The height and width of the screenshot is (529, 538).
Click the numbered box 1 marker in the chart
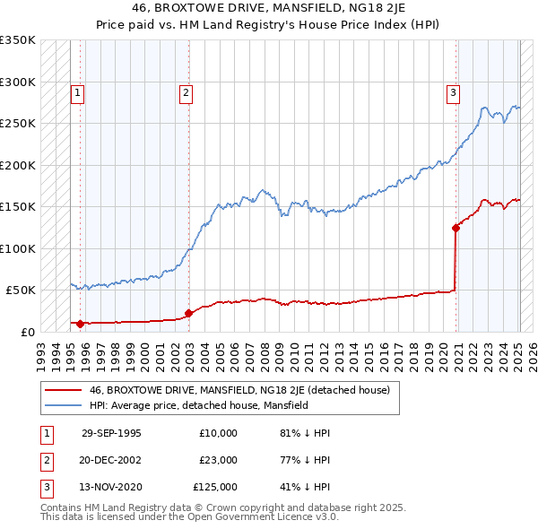(x=78, y=91)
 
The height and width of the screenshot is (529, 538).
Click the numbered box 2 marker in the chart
(x=185, y=91)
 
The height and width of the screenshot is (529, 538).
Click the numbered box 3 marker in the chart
(x=454, y=91)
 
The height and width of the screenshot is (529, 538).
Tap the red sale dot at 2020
(x=456, y=228)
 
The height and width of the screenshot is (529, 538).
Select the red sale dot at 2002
(x=189, y=313)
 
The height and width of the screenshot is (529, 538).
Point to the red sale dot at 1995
(x=81, y=324)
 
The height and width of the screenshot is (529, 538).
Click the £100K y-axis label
(x=18, y=248)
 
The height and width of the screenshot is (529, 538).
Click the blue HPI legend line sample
(x=63, y=405)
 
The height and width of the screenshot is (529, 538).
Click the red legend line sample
(x=63, y=390)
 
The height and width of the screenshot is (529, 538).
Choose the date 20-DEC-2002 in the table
(x=111, y=460)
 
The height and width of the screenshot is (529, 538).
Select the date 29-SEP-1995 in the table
(x=111, y=433)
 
